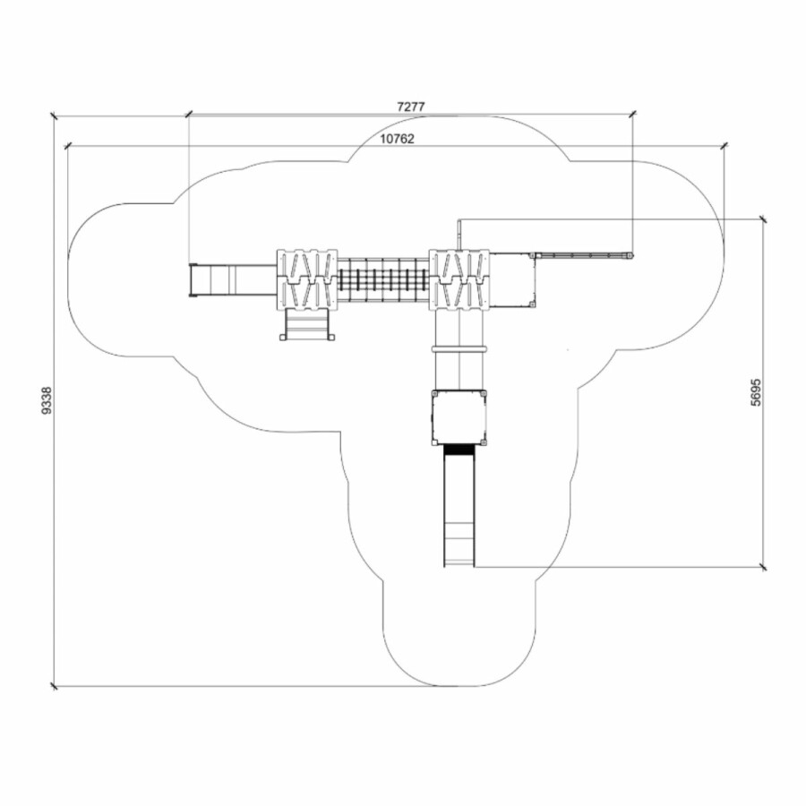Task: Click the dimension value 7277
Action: (411, 107)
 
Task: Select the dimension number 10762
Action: (397, 139)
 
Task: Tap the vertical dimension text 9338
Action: (47, 400)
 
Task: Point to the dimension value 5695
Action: (756, 392)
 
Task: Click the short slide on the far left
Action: (233, 280)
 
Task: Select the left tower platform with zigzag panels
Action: (307, 280)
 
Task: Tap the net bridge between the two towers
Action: (383, 280)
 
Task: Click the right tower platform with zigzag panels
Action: (459, 280)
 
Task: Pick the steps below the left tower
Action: (307, 325)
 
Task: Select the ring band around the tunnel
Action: (459, 349)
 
